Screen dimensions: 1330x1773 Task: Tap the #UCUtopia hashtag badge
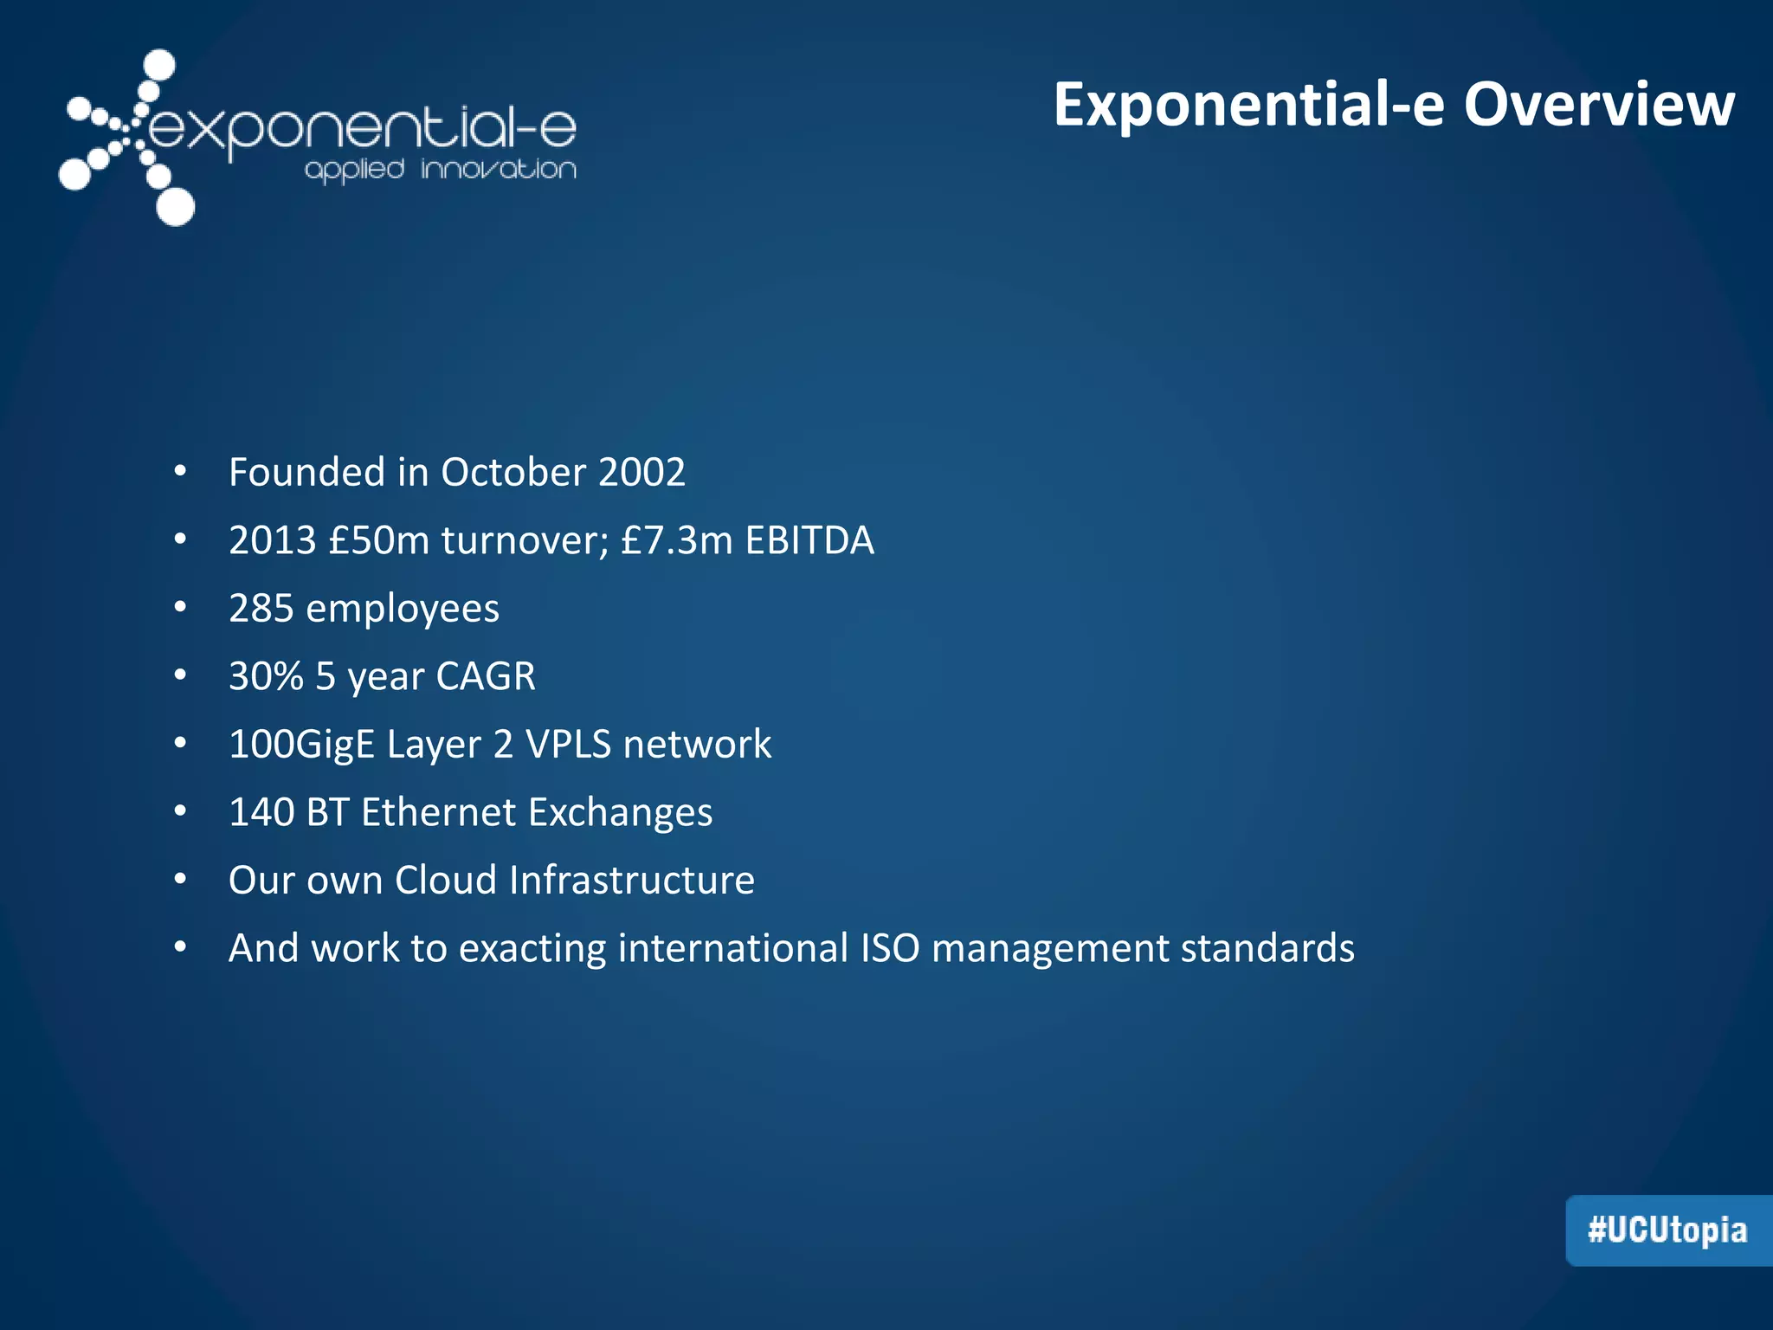1667,1230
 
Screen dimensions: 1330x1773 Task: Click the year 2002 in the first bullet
642,473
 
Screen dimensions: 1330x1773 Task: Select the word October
513,473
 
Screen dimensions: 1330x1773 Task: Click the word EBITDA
809,540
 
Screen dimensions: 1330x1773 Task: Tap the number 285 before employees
261,609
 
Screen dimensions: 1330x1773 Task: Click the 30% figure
266,676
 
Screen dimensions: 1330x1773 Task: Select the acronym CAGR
486,676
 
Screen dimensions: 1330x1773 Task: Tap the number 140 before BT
261,812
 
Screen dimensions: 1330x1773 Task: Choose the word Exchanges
620,813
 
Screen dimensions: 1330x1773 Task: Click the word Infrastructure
631,881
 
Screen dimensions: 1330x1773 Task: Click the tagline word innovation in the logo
499,169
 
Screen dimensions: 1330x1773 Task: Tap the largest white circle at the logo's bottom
176,207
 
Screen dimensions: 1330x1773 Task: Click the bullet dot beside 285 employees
180,608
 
